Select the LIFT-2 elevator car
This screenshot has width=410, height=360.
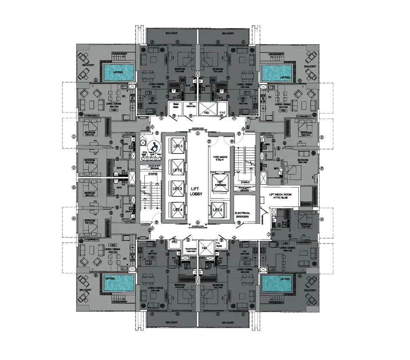point(176,170)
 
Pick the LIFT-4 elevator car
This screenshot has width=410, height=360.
point(176,209)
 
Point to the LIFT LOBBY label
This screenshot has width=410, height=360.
point(196,191)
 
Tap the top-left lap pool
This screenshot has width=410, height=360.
point(119,72)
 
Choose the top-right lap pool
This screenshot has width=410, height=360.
point(277,72)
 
